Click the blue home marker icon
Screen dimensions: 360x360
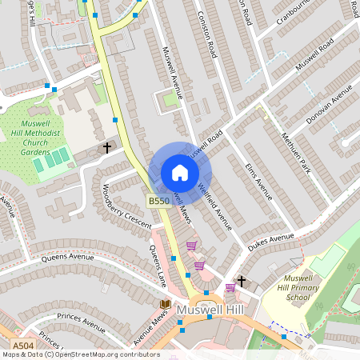click(180, 173)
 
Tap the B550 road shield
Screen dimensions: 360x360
click(158, 202)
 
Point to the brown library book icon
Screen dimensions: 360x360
click(165, 305)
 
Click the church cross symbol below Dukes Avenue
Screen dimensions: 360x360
click(241, 281)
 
